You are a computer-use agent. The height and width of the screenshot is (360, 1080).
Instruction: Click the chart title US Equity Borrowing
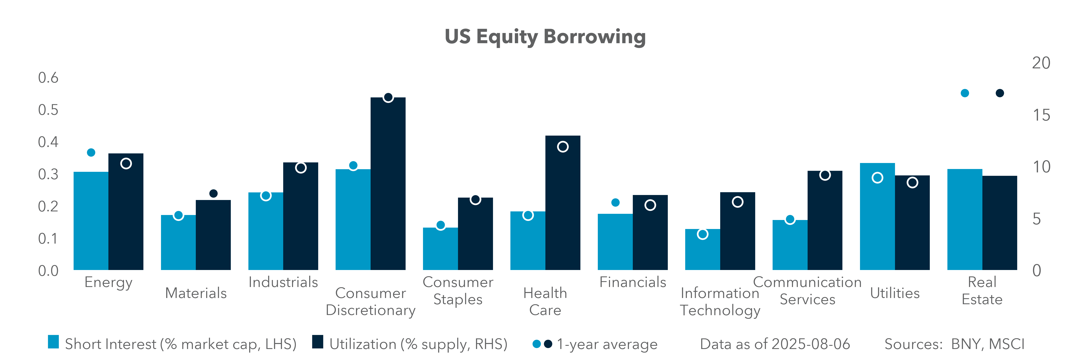pos(545,37)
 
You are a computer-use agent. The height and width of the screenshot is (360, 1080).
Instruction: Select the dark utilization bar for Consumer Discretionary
pos(388,184)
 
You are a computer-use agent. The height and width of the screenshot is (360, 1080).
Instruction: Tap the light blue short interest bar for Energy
pos(91,221)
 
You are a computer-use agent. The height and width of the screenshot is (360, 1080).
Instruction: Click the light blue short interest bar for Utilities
pos(877,216)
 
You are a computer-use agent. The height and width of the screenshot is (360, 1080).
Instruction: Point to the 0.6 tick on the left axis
pos(48,78)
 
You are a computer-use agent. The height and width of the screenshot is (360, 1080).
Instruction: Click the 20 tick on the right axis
pos(1041,63)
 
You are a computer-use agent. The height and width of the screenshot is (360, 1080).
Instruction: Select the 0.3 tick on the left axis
pos(48,174)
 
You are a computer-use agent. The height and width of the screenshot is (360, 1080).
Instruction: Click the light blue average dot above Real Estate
pos(965,93)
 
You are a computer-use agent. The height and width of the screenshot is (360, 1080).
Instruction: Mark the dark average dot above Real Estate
pos(1000,93)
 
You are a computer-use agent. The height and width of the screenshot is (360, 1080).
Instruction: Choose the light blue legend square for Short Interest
pos(53,342)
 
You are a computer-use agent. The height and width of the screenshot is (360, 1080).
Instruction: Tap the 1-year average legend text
pos(607,344)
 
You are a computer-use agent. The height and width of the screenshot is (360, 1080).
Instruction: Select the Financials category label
pos(633,282)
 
